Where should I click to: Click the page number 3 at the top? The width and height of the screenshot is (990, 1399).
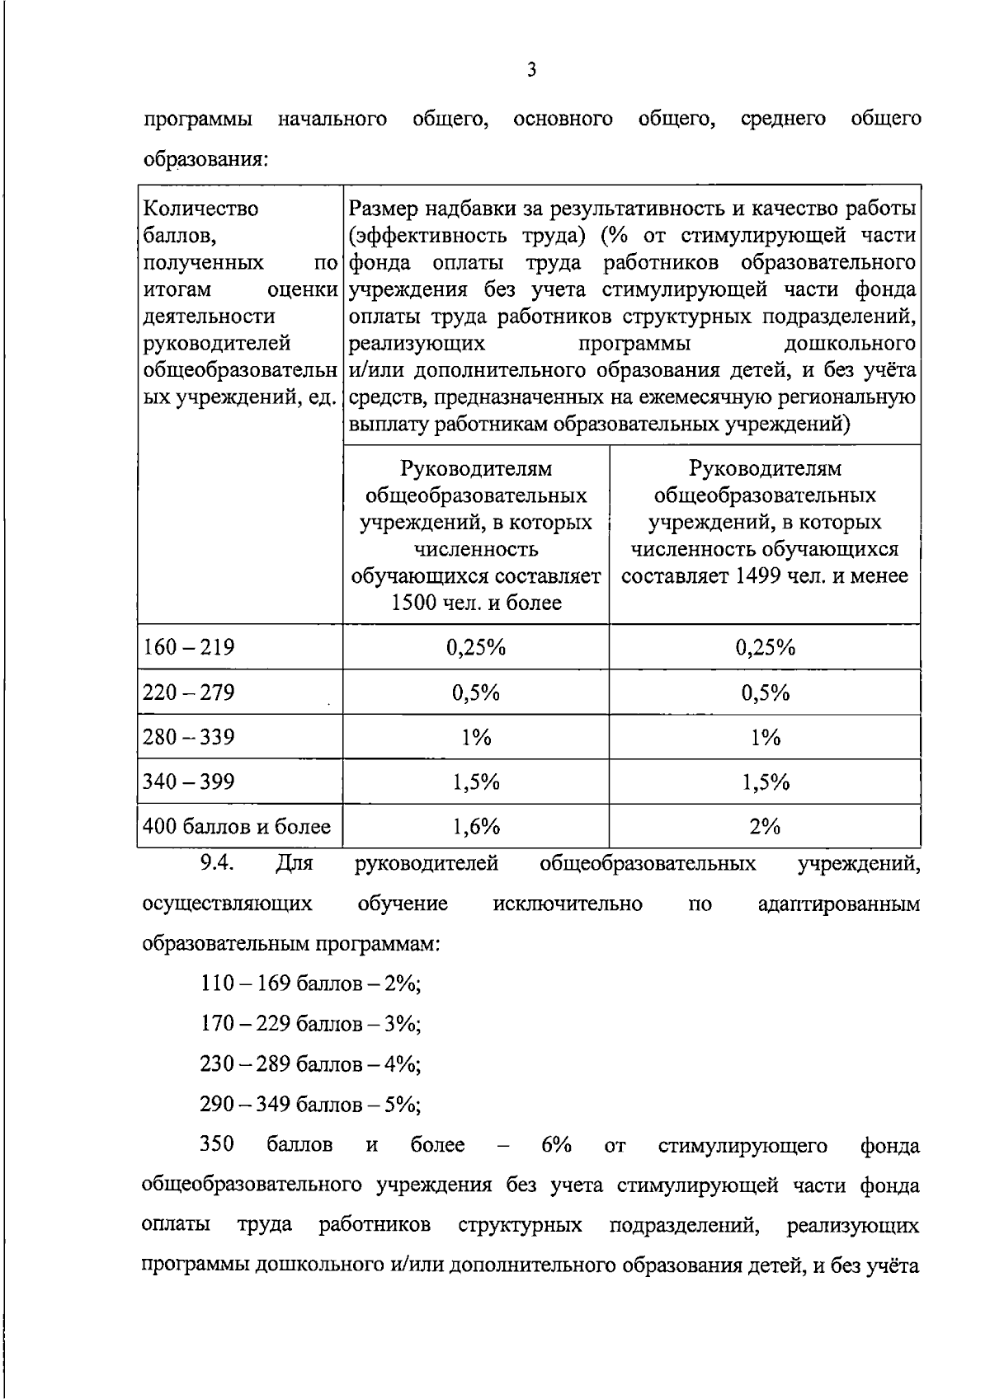coord(531,70)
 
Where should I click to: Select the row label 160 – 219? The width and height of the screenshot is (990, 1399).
coord(189,647)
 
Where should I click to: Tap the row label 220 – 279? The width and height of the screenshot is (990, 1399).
coord(189,692)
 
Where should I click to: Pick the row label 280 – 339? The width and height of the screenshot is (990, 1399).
coord(189,737)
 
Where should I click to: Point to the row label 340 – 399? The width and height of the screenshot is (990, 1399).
coord(189,782)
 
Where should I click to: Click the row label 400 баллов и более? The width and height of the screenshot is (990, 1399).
coord(237,827)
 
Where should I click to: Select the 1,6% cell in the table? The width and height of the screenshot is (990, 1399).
coord(476,827)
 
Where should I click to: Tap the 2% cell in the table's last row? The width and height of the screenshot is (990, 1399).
coord(765,827)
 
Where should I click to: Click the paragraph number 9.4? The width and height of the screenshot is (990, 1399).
coord(219,863)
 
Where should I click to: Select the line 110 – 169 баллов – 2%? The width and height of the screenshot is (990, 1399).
coord(310,984)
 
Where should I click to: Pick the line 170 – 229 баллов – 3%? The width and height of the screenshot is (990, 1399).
coord(310,1024)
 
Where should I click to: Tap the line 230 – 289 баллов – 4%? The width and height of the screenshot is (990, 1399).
coord(310,1064)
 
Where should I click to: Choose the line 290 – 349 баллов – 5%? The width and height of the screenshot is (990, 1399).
coord(310,1105)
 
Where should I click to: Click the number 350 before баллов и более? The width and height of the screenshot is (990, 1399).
coord(217,1145)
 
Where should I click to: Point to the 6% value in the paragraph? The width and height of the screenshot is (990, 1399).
coord(556,1145)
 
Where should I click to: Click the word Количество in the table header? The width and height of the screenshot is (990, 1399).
coord(200,209)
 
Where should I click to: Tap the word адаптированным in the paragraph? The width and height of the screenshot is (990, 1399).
coord(838,904)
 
